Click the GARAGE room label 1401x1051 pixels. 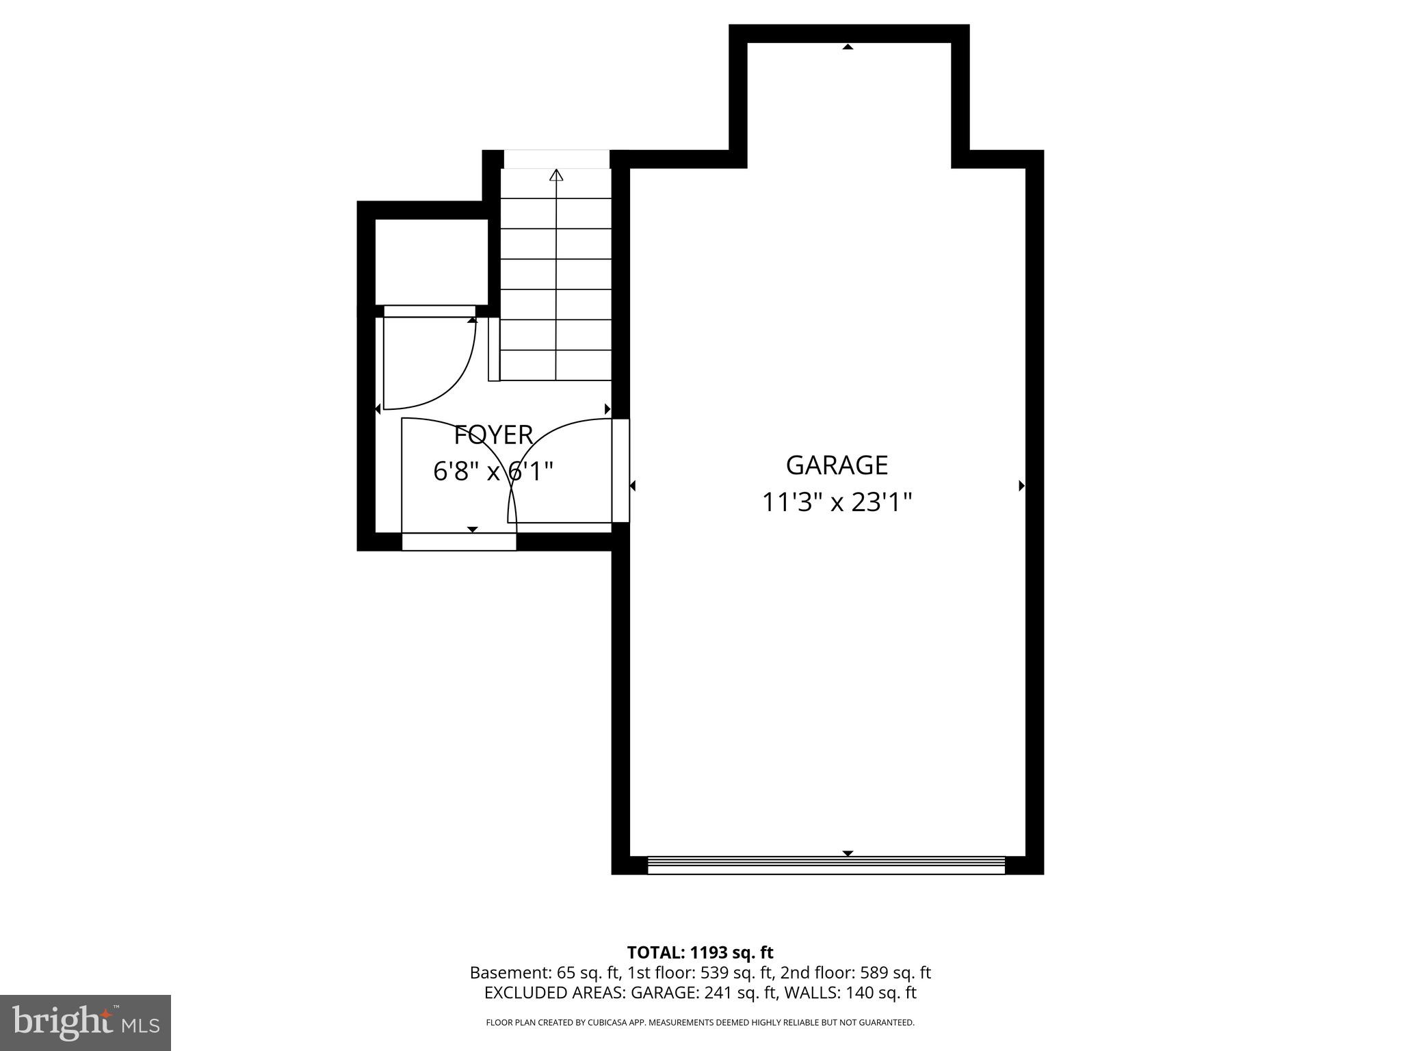(x=837, y=465)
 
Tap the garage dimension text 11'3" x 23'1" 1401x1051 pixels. (x=837, y=503)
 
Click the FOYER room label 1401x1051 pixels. (x=493, y=435)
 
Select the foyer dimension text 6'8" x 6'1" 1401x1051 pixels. (x=493, y=471)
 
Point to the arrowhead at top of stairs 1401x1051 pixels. (x=556, y=175)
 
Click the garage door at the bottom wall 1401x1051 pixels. (x=826, y=866)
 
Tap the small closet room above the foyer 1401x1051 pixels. (x=432, y=262)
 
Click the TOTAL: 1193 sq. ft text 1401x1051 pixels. (x=700, y=952)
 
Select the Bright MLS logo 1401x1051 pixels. (x=86, y=1023)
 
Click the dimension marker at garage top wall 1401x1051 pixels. (x=848, y=47)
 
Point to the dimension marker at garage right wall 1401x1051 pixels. (x=1021, y=486)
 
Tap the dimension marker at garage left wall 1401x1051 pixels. (x=633, y=486)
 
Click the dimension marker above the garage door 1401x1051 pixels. (x=848, y=853)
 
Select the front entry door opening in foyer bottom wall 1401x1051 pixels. (x=459, y=541)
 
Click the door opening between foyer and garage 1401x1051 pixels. (x=620, y=471)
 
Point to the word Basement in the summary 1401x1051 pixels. (x=501, y=973)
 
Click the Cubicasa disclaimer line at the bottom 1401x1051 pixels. (x=700, y=1023)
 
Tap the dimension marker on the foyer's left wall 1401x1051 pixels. (x=378, y=409)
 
